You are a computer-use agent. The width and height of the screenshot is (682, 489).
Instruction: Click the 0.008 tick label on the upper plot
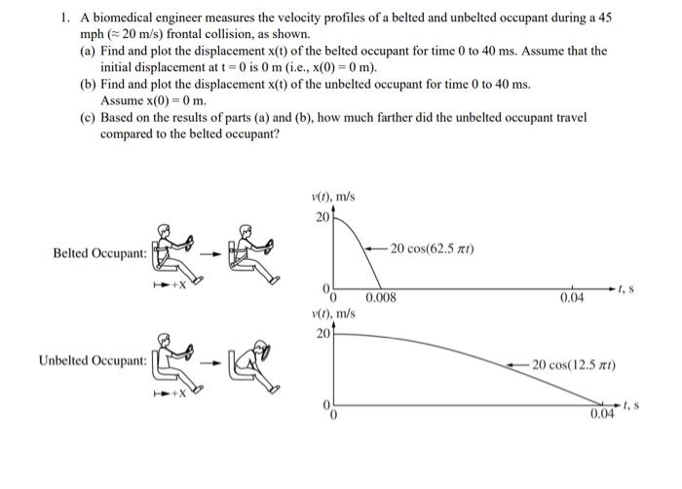[x=381, y=298]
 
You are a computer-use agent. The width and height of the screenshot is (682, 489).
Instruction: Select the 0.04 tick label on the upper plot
[x=572, y=298]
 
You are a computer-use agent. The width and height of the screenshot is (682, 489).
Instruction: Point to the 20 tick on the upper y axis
[x=322, y=215]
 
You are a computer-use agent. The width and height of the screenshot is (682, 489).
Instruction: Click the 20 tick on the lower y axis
[x=322, y=333]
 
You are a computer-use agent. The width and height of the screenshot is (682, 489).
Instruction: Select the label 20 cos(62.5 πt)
[x=432, y=249]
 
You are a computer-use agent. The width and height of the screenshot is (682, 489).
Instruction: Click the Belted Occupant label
[x=100, y=253]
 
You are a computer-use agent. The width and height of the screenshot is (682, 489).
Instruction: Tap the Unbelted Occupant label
[x=93, y=361]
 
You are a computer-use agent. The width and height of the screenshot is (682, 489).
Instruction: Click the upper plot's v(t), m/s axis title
[x=332, y=196]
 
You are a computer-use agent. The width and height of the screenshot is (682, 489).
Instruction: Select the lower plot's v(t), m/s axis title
[x=332, y=314]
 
